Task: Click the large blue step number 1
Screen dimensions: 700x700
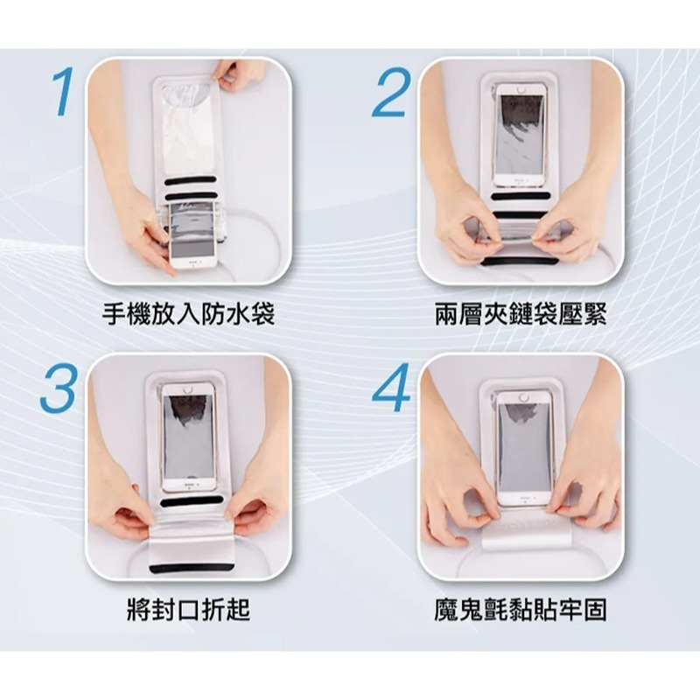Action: point(63,92)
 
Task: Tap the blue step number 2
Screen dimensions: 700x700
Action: point(390,92)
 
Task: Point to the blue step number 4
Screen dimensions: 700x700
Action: point(391,387)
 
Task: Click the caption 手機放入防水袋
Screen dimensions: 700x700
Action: point(188,314)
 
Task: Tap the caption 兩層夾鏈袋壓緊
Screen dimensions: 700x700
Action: point(521,314)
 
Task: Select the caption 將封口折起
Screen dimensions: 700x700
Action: point(188,609)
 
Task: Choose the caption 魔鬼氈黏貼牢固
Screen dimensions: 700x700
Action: point(521,609)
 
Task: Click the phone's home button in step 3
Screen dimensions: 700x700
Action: point(187,389)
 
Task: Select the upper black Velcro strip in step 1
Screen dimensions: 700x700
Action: point(188,181)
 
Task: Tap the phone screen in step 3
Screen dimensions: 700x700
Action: point(188,435)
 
